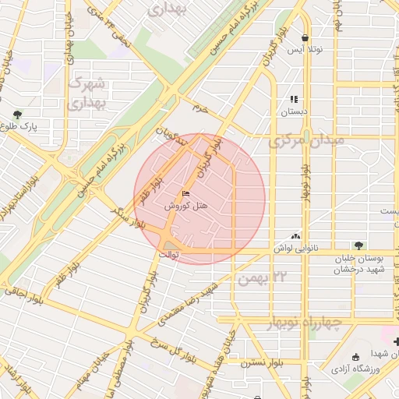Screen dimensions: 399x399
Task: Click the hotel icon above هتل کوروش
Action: [185, 193]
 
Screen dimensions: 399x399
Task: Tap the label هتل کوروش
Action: [185, 207]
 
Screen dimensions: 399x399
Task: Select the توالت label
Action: [169, 254]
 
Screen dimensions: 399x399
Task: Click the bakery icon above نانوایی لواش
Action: [295, 235]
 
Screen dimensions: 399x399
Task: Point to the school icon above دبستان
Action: [294, 99]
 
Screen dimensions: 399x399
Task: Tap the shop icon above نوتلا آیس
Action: [305, 37]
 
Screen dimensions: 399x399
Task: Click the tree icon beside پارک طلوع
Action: [18, 113]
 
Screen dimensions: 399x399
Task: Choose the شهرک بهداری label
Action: [86, 92]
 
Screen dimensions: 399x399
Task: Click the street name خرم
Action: [202, 108]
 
